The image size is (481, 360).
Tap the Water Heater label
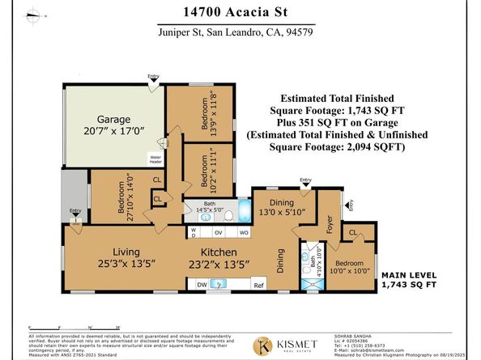tap(155, 159)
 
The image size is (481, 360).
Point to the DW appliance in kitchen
tap(202, 285)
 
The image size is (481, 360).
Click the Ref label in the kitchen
tap(259, 285)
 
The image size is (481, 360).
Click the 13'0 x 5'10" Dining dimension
tap(278, 211)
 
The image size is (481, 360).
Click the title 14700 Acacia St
tap(240, 13)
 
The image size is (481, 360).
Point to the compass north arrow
tap(35, 15)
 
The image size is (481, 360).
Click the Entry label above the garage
tap(154, 77)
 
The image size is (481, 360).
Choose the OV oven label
tap(219, 231)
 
